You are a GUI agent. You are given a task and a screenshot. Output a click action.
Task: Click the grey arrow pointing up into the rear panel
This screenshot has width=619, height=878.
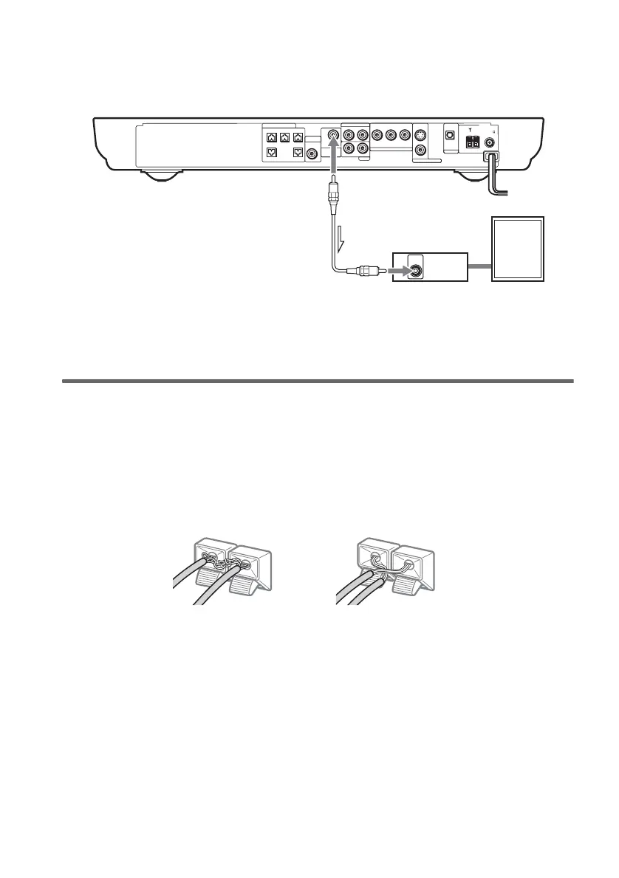334,158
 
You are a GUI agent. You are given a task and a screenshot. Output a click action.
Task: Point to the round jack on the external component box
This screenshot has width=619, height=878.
417,270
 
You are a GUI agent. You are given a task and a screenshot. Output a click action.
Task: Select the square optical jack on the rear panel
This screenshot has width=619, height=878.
448,136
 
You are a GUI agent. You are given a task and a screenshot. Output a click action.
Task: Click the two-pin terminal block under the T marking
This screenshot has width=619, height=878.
471,145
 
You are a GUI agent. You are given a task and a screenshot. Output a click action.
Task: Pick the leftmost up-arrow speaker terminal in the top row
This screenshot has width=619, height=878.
272,136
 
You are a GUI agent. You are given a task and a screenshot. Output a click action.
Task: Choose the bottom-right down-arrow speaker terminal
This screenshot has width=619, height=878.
297,153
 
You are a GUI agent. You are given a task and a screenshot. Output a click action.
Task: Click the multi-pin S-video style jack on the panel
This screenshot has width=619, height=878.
420,136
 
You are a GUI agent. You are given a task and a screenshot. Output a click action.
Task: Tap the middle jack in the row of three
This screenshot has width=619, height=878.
391,136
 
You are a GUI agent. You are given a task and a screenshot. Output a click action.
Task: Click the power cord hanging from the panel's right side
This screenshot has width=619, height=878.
496,177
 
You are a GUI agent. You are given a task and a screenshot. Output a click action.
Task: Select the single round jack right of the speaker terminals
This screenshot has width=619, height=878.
313,153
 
